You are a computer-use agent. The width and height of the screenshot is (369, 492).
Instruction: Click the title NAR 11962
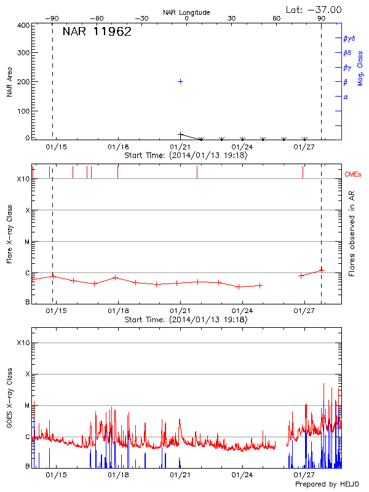97,32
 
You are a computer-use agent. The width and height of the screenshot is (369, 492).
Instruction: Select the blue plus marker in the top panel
180,81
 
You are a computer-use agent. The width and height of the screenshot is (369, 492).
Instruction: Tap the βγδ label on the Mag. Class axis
349,38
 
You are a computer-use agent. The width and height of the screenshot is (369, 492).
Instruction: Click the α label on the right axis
346,97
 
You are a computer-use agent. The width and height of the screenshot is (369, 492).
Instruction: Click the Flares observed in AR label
351,234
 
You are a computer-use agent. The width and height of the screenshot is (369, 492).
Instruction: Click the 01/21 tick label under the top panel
180,147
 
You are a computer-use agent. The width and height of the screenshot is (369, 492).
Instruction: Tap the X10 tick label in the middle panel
23,179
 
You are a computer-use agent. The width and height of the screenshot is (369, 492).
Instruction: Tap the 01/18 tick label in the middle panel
118,311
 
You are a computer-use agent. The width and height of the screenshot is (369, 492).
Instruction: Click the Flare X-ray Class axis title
9,234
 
